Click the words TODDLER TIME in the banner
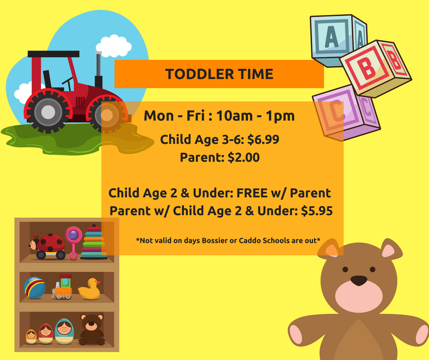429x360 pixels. tap(219, 74)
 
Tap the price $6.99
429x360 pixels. tap(263, 139)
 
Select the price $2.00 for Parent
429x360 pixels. tap(244, 158)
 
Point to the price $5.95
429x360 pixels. tap(317, 211)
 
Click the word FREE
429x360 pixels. tap(252, 193)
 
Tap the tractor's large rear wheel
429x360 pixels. tap(48, 112)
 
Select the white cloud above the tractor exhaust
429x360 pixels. tap(114, 46)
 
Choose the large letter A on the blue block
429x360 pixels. tap(332, 37)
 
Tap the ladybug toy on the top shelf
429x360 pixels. tap(47, 246)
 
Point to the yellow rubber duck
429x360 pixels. tap(89, 289)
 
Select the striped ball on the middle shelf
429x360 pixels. tap(35, 288)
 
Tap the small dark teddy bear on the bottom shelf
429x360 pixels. tap(92, 329)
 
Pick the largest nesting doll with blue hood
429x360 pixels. tap(64, 331)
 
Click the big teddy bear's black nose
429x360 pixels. tap(359, 281)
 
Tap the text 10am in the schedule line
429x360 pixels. tap(235, 116)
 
